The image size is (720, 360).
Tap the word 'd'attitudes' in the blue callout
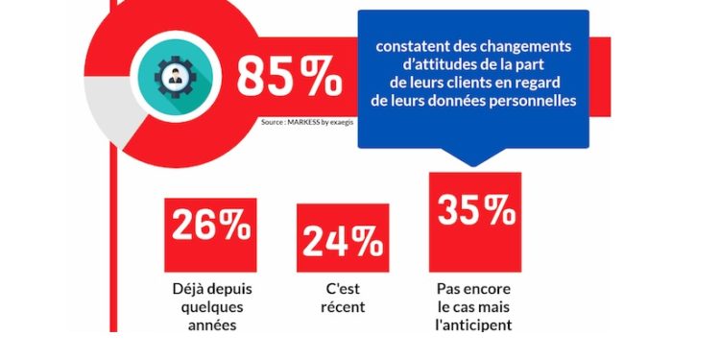coord(425,65)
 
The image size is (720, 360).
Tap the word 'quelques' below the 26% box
coord(211,307)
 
